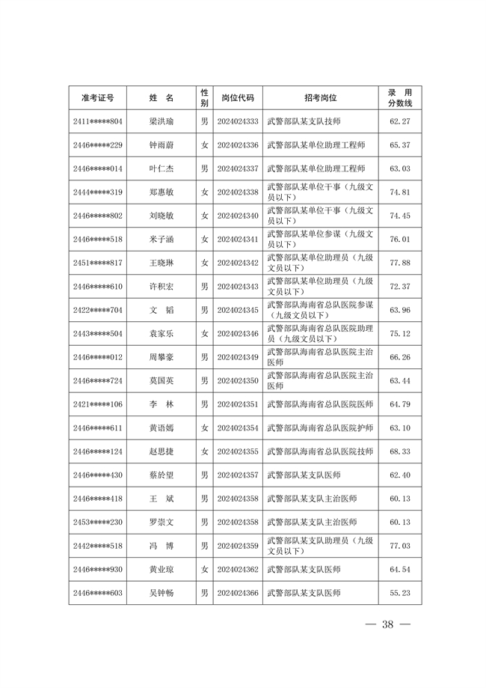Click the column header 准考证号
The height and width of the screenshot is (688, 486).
click(x=98, y=98)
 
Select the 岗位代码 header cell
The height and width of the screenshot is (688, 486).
click(x=238, y=98)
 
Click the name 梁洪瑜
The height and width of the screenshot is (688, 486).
click(x=161, y=121)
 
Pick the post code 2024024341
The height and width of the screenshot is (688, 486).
click(x=238, y=240)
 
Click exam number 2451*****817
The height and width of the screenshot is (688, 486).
click(x=98, y=263)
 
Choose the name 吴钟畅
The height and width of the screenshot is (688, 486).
click(x=161, y=593)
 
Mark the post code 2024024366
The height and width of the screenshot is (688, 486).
click(x=238, y=593)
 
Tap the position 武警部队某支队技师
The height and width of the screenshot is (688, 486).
click(x=304, y=121)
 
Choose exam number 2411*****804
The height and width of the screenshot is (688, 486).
click(x=98, y=121)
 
